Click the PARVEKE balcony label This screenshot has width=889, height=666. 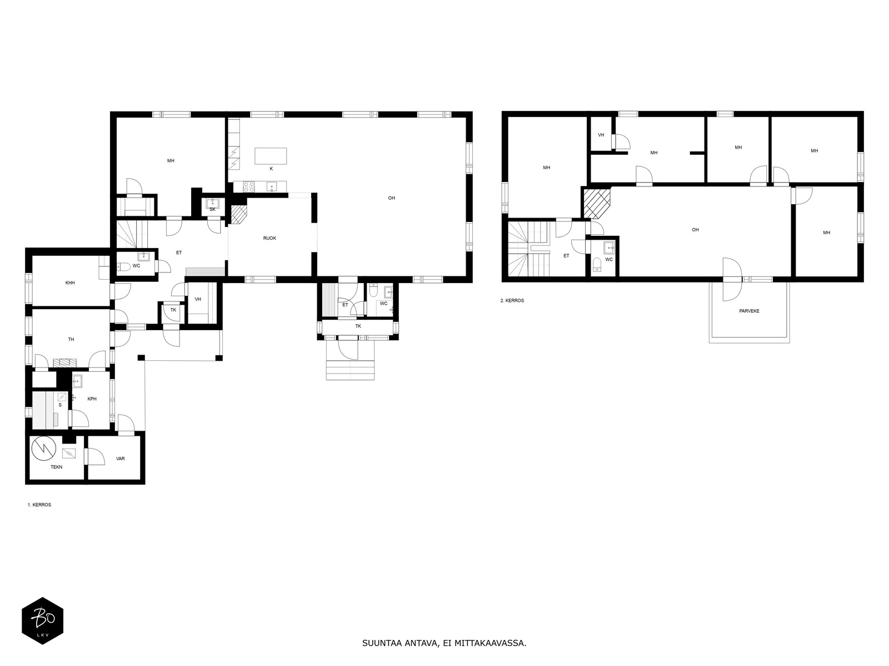coord(749,311)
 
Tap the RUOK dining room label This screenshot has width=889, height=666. coord(269,238)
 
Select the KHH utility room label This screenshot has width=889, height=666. coord(70,283)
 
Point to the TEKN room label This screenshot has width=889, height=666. coord(56,467)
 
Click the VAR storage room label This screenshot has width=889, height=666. coord(120,458)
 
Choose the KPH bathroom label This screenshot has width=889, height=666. coord(92,398)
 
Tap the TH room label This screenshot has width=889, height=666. coord(71,339)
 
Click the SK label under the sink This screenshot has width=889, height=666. coord(212,209)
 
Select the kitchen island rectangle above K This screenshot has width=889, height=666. coord(271,156)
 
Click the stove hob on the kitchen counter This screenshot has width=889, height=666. coord(249,186)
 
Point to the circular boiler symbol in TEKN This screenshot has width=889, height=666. coord(44,448)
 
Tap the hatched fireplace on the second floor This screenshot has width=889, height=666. coord(596,204)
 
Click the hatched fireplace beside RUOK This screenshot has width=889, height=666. coord(238,214)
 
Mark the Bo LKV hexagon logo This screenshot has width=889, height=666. coord(43,620)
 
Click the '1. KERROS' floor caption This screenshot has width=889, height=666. coord(39,504)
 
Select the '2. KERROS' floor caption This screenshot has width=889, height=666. coord(512,300)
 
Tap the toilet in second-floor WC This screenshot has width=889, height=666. coord(597,265)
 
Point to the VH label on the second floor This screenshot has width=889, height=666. coord(601,135)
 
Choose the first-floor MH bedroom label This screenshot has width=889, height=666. coord(171,160)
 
